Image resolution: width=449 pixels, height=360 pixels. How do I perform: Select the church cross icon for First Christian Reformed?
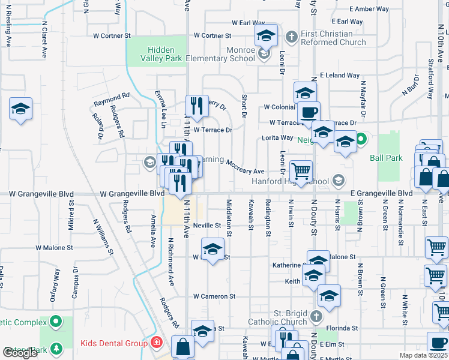coord(292,37)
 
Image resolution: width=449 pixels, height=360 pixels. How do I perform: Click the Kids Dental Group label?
coord(114,343)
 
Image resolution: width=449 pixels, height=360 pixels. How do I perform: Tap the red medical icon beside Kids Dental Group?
coord(156,343)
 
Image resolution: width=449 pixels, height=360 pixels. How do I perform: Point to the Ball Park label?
coord(385,158)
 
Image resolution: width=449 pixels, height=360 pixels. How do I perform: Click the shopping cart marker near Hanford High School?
coord(301,170)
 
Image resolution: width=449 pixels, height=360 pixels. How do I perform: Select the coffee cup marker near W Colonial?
coord(309,112)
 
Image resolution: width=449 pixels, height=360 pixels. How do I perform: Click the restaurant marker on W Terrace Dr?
coord(197,106)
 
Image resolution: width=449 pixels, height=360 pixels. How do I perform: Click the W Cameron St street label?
coord(214,296)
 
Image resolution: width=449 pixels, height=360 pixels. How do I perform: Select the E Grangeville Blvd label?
coord(381,193)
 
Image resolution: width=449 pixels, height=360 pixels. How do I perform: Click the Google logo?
coord(20,353)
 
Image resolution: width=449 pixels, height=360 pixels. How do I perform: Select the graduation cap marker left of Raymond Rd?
coord(21,109)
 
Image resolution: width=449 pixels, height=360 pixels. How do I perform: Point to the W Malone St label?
coord(54,247)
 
